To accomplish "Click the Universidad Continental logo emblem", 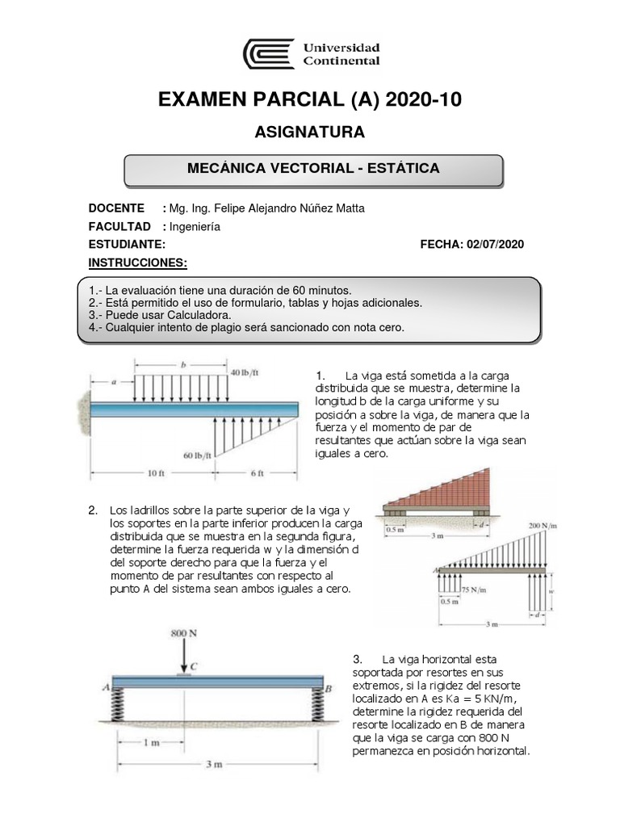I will [269, 54].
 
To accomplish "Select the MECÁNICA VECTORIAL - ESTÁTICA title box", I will [313, 169].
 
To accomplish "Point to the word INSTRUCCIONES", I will [137, 263].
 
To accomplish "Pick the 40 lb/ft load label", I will [245, 372].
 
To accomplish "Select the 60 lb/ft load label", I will [198, 455].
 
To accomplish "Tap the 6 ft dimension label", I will [257, 473].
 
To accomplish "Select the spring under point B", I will [314, 706].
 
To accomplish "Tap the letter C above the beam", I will [194, 666].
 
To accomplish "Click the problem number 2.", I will [94, 510].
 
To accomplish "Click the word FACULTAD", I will [119, 227].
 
